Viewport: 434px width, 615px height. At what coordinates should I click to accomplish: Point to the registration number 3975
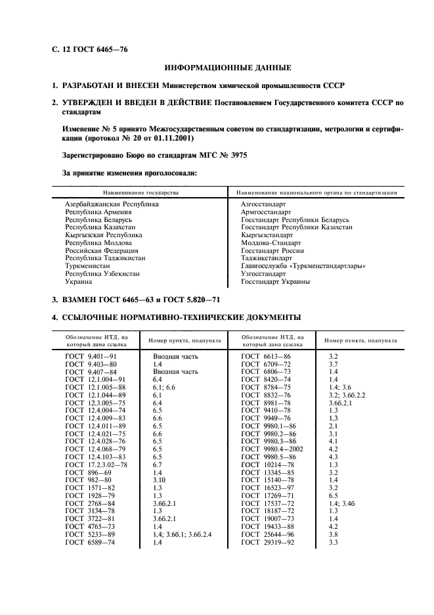coord(236,156)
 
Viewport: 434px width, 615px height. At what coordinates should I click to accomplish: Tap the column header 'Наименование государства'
coord(139,193)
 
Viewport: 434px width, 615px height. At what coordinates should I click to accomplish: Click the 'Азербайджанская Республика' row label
coord(112,204)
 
